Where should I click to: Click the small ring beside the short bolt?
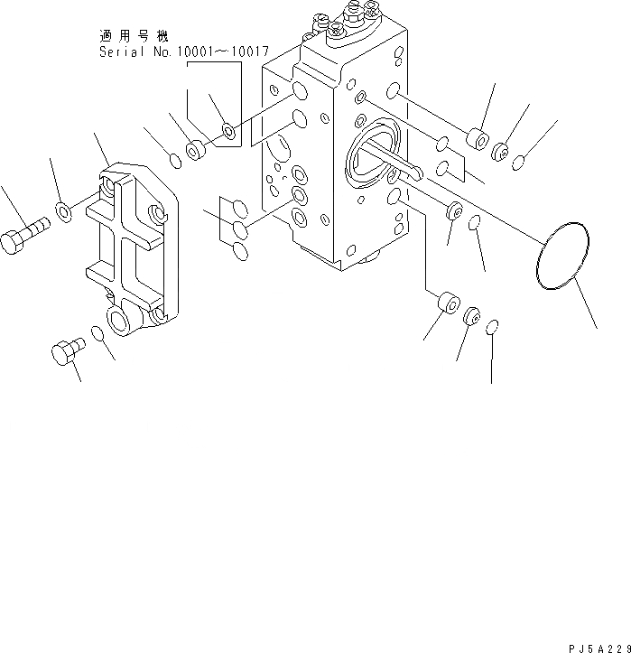(102, 337)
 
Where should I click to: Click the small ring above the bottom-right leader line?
(491, 325)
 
